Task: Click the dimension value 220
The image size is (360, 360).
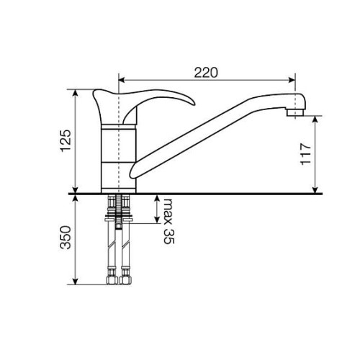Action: click(x=206, y=72)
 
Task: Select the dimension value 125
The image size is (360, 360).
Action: click(x=66, y=140)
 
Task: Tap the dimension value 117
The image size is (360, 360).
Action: click(x=306, y=154)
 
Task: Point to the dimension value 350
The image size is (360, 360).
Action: click(x=66, y=237)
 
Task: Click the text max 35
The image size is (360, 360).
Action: click(x=168, y=221)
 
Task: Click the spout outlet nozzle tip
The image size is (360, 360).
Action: click(x=295, y=112)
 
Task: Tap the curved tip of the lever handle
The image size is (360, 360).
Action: click(x=192, y=103)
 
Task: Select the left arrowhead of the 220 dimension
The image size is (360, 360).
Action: click(x=122, y=80)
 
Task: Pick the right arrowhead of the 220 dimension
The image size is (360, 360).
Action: click(x=292, y=80)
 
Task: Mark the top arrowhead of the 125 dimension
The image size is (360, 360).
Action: click(x=76, y=93)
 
